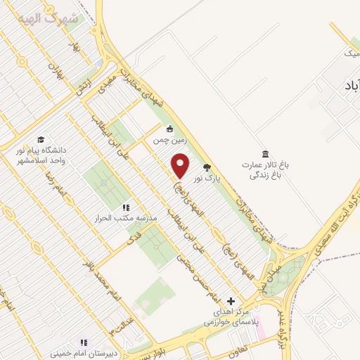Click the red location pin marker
181,166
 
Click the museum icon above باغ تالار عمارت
265,154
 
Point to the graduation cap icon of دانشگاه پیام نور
41,139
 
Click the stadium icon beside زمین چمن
169,129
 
